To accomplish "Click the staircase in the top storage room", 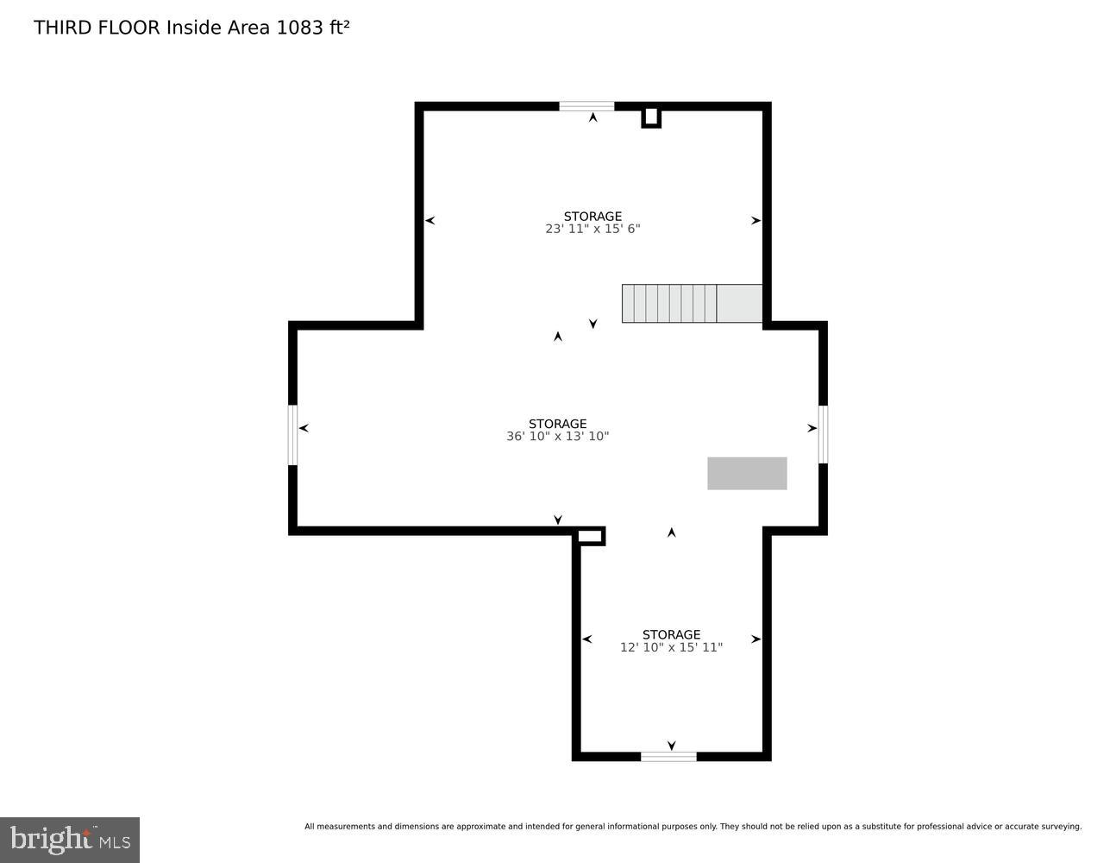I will tap(692, 304).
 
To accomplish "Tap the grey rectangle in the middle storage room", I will tap(747, 473).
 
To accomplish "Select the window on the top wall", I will tap(586, 106).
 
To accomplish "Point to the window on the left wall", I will tap(293, 435).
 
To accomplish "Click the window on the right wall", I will tap(823, 434).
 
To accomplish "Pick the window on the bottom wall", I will tap(668, 757).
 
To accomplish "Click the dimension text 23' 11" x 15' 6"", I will tap(592, 230).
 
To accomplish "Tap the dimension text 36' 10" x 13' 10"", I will tap(557, 437).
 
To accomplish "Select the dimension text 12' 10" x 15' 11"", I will tap(671, 647).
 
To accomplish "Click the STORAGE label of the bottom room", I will tap(671, 634).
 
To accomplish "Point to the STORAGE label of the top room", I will tap(592, 217).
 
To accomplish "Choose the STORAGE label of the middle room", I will tap(557, 424).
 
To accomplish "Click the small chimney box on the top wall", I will tap(651, 117).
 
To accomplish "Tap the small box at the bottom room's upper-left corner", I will tap(590, 537).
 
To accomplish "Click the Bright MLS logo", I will tap(70, 839).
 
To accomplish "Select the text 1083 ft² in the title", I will tap(312, 28).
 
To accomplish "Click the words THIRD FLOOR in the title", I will tap(97, 28).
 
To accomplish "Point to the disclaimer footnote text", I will tap(693, 827).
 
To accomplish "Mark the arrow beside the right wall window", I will tap(812, 428).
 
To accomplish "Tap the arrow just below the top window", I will tap(592, 117).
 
